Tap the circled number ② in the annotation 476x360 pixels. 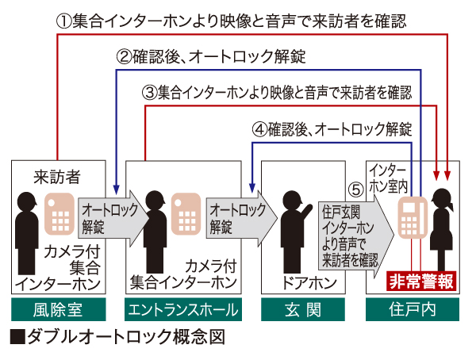[x=124, y=56]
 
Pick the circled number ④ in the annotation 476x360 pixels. [x=259, y=127]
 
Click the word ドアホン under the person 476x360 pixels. [x=301, y=281]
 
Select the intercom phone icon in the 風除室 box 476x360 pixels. [x=59, y=212]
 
